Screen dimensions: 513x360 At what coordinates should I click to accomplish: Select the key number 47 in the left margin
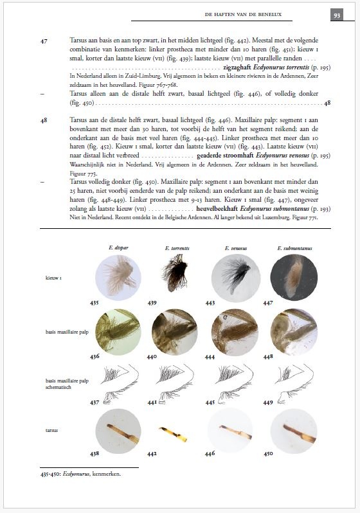coord(44,40)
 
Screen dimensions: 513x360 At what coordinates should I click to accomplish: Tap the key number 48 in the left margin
coord(44,120)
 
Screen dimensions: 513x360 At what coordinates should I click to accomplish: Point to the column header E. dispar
coord(118,247)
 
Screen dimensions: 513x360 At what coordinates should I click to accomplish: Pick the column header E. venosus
coord(235,247)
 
